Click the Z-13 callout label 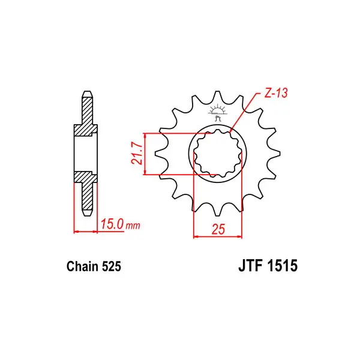pos(276,93)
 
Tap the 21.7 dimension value pos(137,153)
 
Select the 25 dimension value pos(218,229)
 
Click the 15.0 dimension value pos(112,224)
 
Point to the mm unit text pos(133,226)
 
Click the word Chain pos(82,266)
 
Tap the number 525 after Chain pos(112,266)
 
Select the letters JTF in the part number pos(251,266)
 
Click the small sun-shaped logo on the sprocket pos(217,112)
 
